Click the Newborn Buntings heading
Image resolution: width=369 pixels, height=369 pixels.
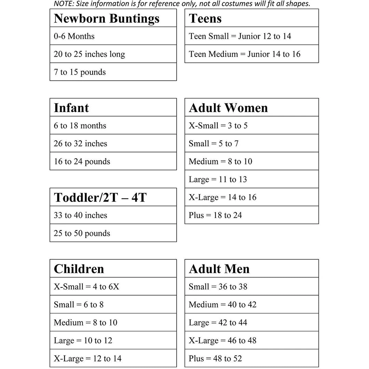click(107, 18)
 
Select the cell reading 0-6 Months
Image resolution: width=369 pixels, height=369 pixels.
click(74, 36)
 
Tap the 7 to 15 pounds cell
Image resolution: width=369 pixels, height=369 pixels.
click(80, 72)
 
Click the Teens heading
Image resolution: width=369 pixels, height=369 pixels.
click(205, 18)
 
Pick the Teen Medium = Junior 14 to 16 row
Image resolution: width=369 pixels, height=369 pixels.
click(245, 54)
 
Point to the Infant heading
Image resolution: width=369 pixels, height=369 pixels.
click(71, 108)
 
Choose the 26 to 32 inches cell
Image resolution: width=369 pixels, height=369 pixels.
click(80, 143)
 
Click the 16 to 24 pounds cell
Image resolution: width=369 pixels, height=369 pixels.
click(82, 162)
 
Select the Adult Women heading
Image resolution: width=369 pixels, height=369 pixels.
click(228, 108)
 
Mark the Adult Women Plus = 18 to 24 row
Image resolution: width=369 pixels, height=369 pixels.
click(215, 215)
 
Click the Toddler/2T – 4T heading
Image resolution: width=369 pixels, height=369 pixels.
click(100, 197)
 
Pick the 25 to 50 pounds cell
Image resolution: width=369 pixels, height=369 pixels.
click(82, 233)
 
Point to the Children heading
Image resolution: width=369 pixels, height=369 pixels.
click(79, 269)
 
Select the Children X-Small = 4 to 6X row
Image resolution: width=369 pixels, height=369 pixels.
click(86, 287)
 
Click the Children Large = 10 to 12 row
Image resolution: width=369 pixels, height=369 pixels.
click(83, 341)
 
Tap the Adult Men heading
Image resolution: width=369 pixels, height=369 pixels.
click(219, 269)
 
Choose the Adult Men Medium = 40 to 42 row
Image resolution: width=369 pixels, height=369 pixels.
click(222, 305)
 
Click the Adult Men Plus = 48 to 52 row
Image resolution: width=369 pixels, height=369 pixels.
click(215, 358)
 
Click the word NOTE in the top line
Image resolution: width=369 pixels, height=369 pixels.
click(63, 4)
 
